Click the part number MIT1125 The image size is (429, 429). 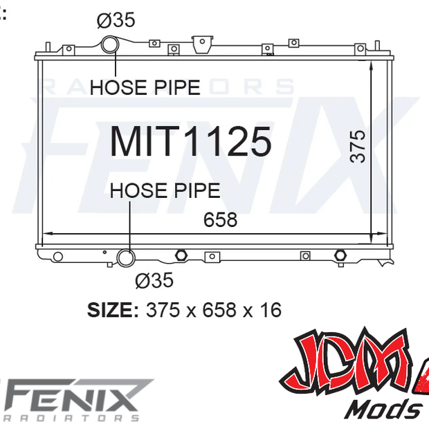(191, 141)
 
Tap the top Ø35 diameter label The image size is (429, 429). (116, 19)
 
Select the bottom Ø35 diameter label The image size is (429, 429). (154, 280)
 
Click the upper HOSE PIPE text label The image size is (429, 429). (145, 88)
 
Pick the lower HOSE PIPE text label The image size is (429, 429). (165, 190)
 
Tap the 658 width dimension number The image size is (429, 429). (220, 219)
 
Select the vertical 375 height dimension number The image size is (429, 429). (358, 147)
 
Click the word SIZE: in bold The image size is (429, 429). (113, 310)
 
